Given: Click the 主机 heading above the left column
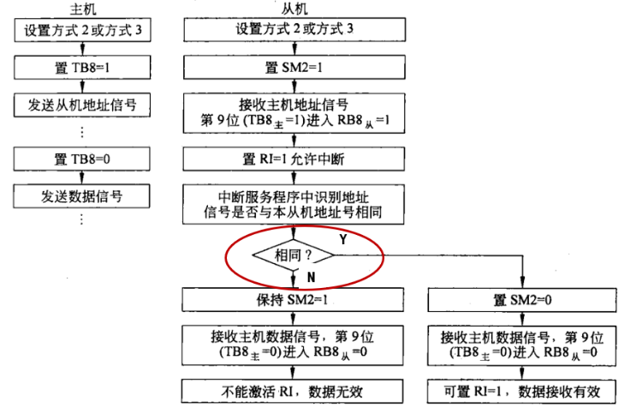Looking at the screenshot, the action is click(83, 9).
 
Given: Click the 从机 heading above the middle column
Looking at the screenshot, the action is click(294, 9).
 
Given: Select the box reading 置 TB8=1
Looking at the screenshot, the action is click(82, 67).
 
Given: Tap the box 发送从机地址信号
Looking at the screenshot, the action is click(82, 105).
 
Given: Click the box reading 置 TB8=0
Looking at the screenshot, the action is click(82, 159).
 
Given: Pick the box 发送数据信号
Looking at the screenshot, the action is click(81, 196).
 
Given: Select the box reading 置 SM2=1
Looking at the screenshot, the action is click(294, 67).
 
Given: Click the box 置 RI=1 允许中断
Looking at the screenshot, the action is click(294, 159).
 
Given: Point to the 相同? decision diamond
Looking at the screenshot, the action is click(294, 255).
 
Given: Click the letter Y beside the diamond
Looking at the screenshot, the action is click(342, 240).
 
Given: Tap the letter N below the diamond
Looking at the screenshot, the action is click(311, 277).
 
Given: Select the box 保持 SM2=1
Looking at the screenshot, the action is click(293, 300).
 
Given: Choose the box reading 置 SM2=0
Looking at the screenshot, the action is click(522, 300).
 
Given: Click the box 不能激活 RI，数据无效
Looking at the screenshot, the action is click(292, 391).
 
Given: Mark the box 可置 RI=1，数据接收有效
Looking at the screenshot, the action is click(521, 391).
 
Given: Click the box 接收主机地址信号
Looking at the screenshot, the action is click(294, 113).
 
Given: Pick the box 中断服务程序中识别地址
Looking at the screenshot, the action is click(294, 204).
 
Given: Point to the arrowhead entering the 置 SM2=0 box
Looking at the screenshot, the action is click(522, 283).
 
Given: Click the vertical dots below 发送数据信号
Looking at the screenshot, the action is click(81, 219).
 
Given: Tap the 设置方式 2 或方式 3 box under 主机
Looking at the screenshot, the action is click(83, 30).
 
